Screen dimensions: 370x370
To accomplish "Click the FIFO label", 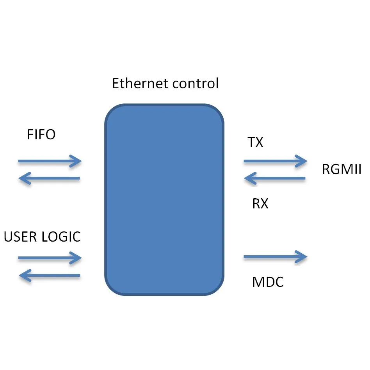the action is tap(41, 135).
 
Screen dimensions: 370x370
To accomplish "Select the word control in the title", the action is tap(196, 83).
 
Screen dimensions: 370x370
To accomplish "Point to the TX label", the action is tap(255, 142).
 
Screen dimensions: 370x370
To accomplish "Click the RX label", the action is tap(260, 203).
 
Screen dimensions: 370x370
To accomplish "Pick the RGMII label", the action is tap(342, 169).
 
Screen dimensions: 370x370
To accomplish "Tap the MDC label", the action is tap(268, 282).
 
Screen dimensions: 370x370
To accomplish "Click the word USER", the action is tap(20, 237).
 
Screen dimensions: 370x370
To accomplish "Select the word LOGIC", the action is tap(61, 237).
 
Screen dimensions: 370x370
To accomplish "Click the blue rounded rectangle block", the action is tap(164, 199).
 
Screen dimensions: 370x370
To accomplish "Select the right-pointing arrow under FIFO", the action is tap(50, 161).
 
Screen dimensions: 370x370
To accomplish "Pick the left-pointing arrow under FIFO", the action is tap(49, 178).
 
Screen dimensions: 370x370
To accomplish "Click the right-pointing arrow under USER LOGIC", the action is tap(50, 258).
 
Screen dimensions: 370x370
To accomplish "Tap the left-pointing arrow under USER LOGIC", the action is tap(50, 276).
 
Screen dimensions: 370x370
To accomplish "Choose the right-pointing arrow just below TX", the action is tap(276, 161).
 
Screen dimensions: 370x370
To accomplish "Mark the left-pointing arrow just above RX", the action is tap(275, 178).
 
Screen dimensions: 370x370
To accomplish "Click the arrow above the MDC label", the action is tap(276, 256).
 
